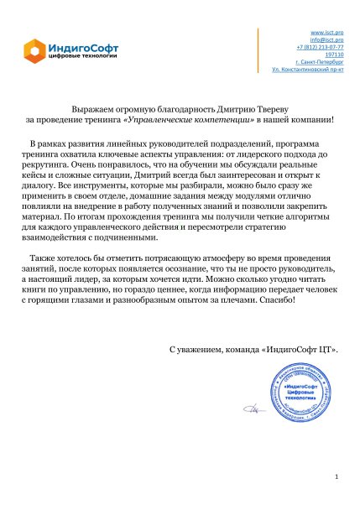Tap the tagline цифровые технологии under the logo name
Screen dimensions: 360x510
click(x=82, y=55)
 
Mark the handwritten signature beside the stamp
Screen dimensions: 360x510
click(x=250, y=410)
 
